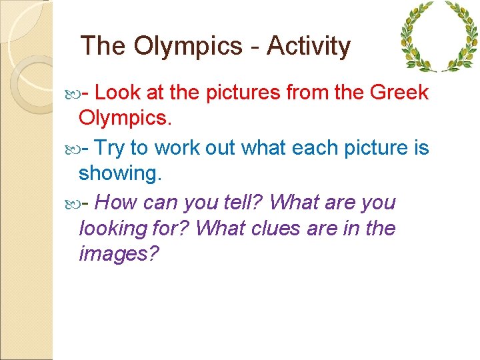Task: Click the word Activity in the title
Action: pyautogui.click(x=308, y=46)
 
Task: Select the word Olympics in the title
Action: pyautogui.click(x=189, y=46)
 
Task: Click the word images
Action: pyautogui.click(x=119, y=254)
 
